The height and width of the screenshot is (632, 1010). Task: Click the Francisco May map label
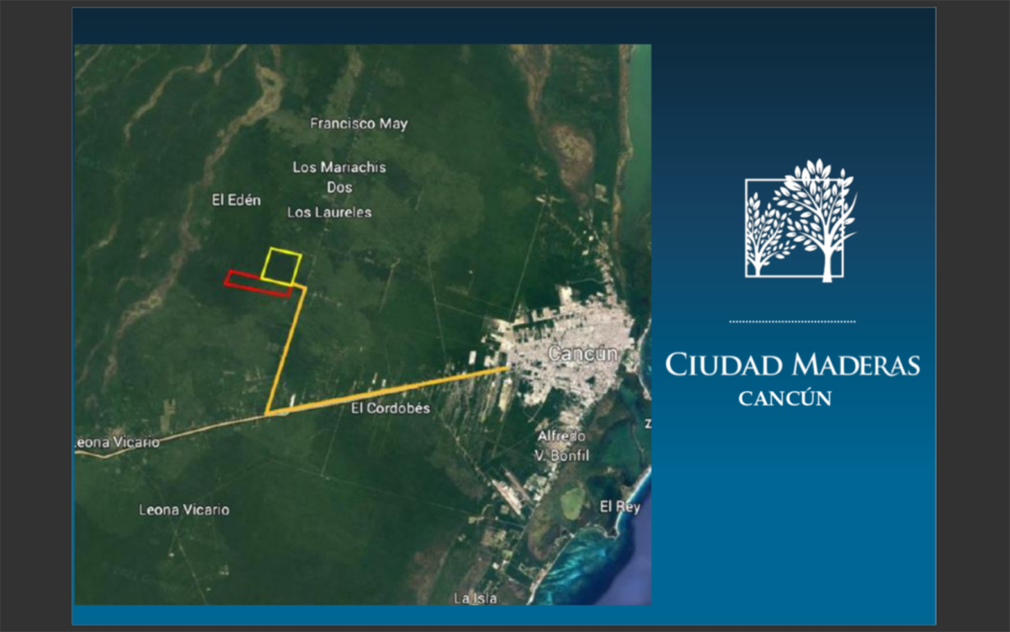click(x=359, y=124)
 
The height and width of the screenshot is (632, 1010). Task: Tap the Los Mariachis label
click(x=339, y=168)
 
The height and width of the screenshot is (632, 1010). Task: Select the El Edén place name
click(x=237, y=200)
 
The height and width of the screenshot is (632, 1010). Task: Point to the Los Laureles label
click(x=330, y=212)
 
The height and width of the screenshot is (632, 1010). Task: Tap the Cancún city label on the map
click(x=582, y=353)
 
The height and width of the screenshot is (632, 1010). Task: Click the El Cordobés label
click(x=391, y=408)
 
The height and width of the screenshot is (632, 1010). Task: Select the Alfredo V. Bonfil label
click(x=562, y=446)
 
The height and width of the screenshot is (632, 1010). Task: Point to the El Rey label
click(x=620, y=507)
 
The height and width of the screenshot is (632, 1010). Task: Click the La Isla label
click(x=476, y=598)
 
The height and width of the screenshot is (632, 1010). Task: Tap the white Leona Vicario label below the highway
click(x=184, y=510)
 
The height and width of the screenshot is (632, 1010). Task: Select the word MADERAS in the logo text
click(x=857, y=365)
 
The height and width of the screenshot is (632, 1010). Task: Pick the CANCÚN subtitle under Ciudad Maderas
click(x=785, y=399)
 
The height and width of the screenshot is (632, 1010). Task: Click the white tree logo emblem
click(x=800, y=221)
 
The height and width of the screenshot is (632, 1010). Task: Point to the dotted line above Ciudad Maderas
click(x=792, y=322)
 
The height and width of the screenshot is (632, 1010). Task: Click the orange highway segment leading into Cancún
click(x=388, y=390)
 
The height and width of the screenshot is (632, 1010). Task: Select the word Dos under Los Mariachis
click(x=339, y=187)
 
